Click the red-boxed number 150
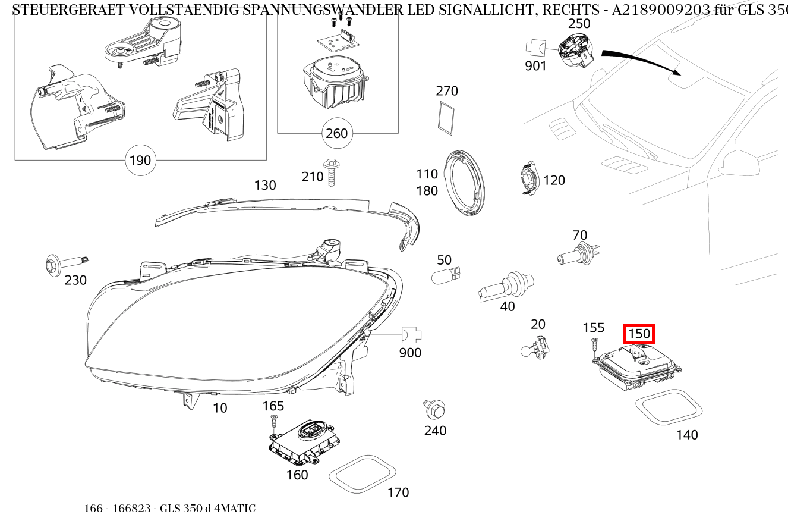pyautogui.click(x=639, y=334)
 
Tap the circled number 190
pyautogui.click(x=140, y=161)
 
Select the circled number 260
pyautogui.click(x=336, y=133)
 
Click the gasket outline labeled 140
pyautogui.click(x=669, y=407)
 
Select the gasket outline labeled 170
pyautogui.click(x=363, y=474)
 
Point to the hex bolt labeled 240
pyautogui.click(x=436, y=409)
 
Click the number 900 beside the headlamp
pyautogui.click(x=410, y=353)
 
